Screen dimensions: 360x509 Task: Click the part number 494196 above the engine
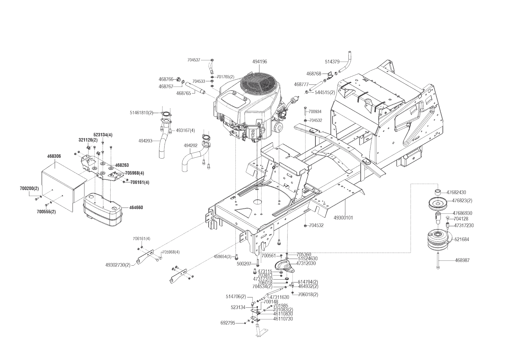[x=259, y=62]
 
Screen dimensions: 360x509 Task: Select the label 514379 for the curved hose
[x=332, y=62]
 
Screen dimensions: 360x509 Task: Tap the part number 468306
[x=54, y=156]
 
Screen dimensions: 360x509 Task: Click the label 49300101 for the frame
[x=343, y=217]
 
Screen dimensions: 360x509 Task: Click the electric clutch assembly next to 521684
[x=438, y=240]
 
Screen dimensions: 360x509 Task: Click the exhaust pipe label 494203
[x=145, y=141]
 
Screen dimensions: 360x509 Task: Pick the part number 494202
[x=190, y=145]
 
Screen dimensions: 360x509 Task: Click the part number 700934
[x=315, y=111]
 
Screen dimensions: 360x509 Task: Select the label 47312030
[x=306, y=263]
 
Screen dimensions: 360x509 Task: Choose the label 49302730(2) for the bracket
[x=118, y=264]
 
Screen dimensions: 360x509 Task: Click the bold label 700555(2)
[x=46, y=212]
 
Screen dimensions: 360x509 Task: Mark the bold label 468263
[x=122, y=165]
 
